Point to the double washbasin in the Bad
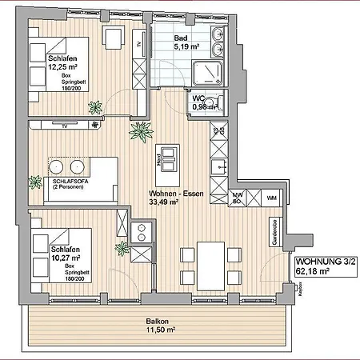tap(218, 36)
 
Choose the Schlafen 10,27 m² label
tap(50, 233)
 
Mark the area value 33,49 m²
tap(165, 202)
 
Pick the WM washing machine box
tap(271, 197)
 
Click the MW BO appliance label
tap(238, 198)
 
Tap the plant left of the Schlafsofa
tap(35, 182)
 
